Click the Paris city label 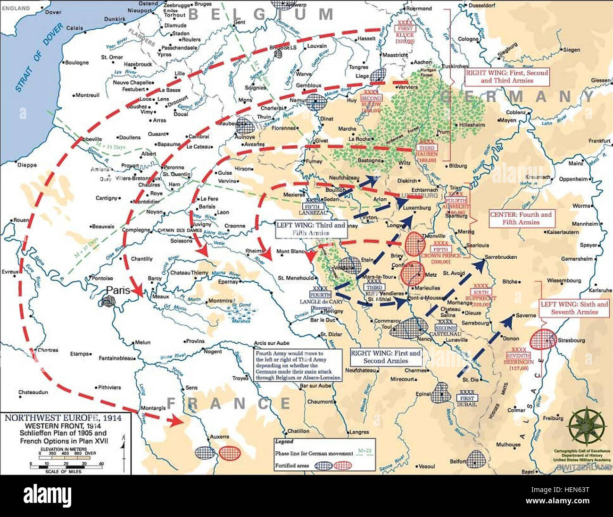coord(117,290)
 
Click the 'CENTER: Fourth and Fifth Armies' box coord(521,218)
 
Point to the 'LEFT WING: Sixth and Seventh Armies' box coord(574,308)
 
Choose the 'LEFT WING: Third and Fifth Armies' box coord(311,229)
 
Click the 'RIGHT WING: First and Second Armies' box coord(385,357)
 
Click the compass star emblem coord(587,424)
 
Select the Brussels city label coord(283,48)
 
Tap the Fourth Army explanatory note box coord(298,365)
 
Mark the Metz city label coord(431,275)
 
